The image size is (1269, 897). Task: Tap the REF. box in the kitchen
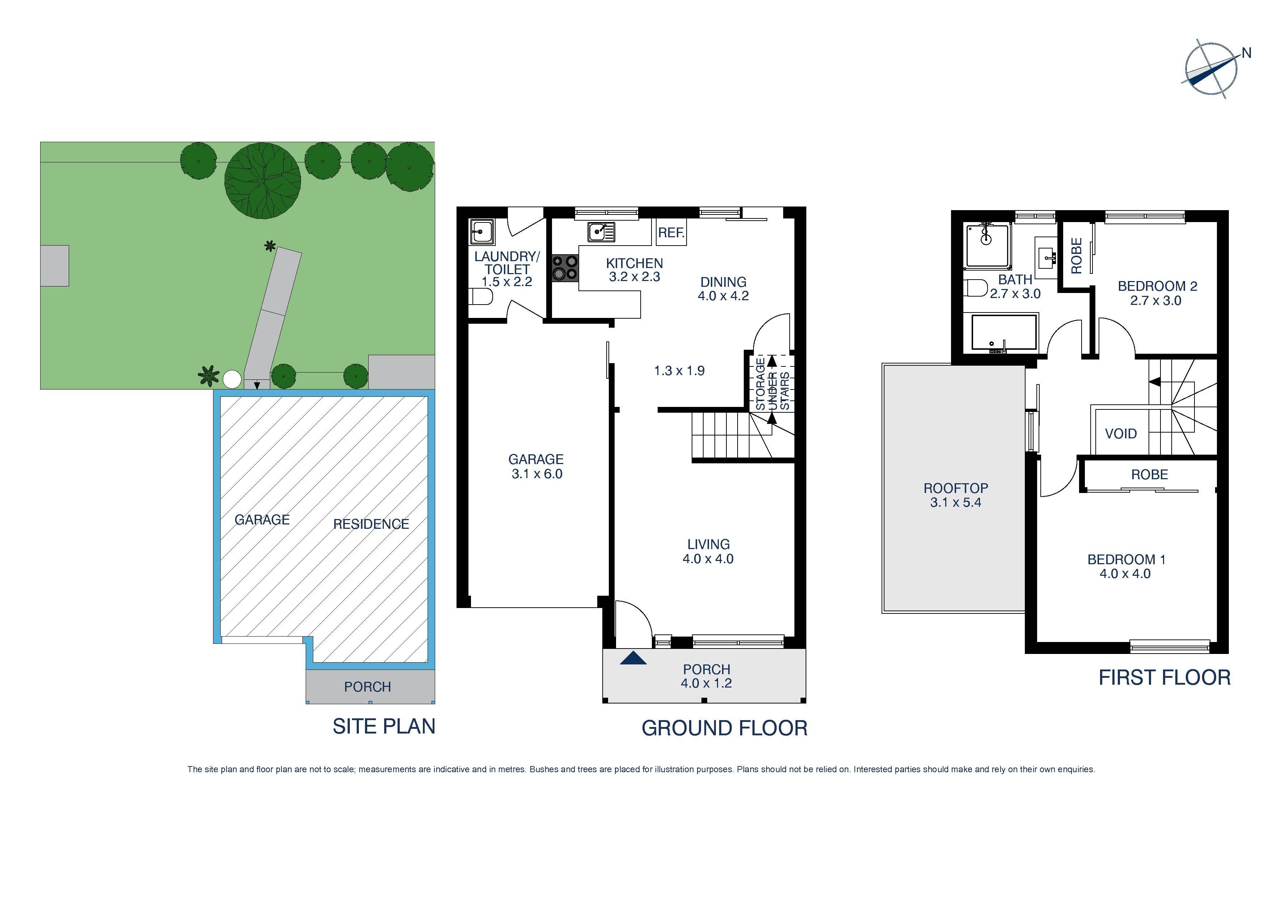(x=671, y=233)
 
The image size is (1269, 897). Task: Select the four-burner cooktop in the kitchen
(x=565, y=268)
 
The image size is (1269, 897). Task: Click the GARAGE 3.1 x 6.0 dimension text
(x=536, y=467)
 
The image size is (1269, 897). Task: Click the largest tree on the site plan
(x=263, y=181)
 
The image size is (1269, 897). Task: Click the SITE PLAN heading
(x=383, y=726)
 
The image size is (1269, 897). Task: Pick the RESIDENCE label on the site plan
(x=371, y=524)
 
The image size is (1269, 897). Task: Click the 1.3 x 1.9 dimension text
(x=679, y=371)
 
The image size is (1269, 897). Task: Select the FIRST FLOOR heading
(x=1164, y=677)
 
